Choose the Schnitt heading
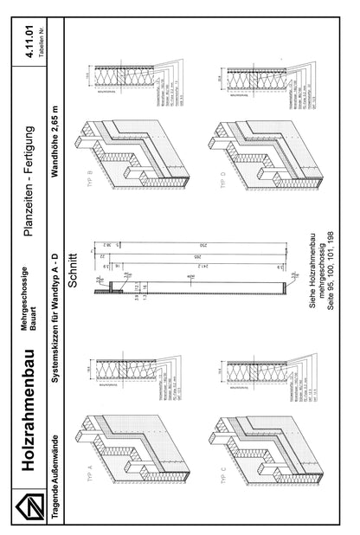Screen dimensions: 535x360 pos(76,267)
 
